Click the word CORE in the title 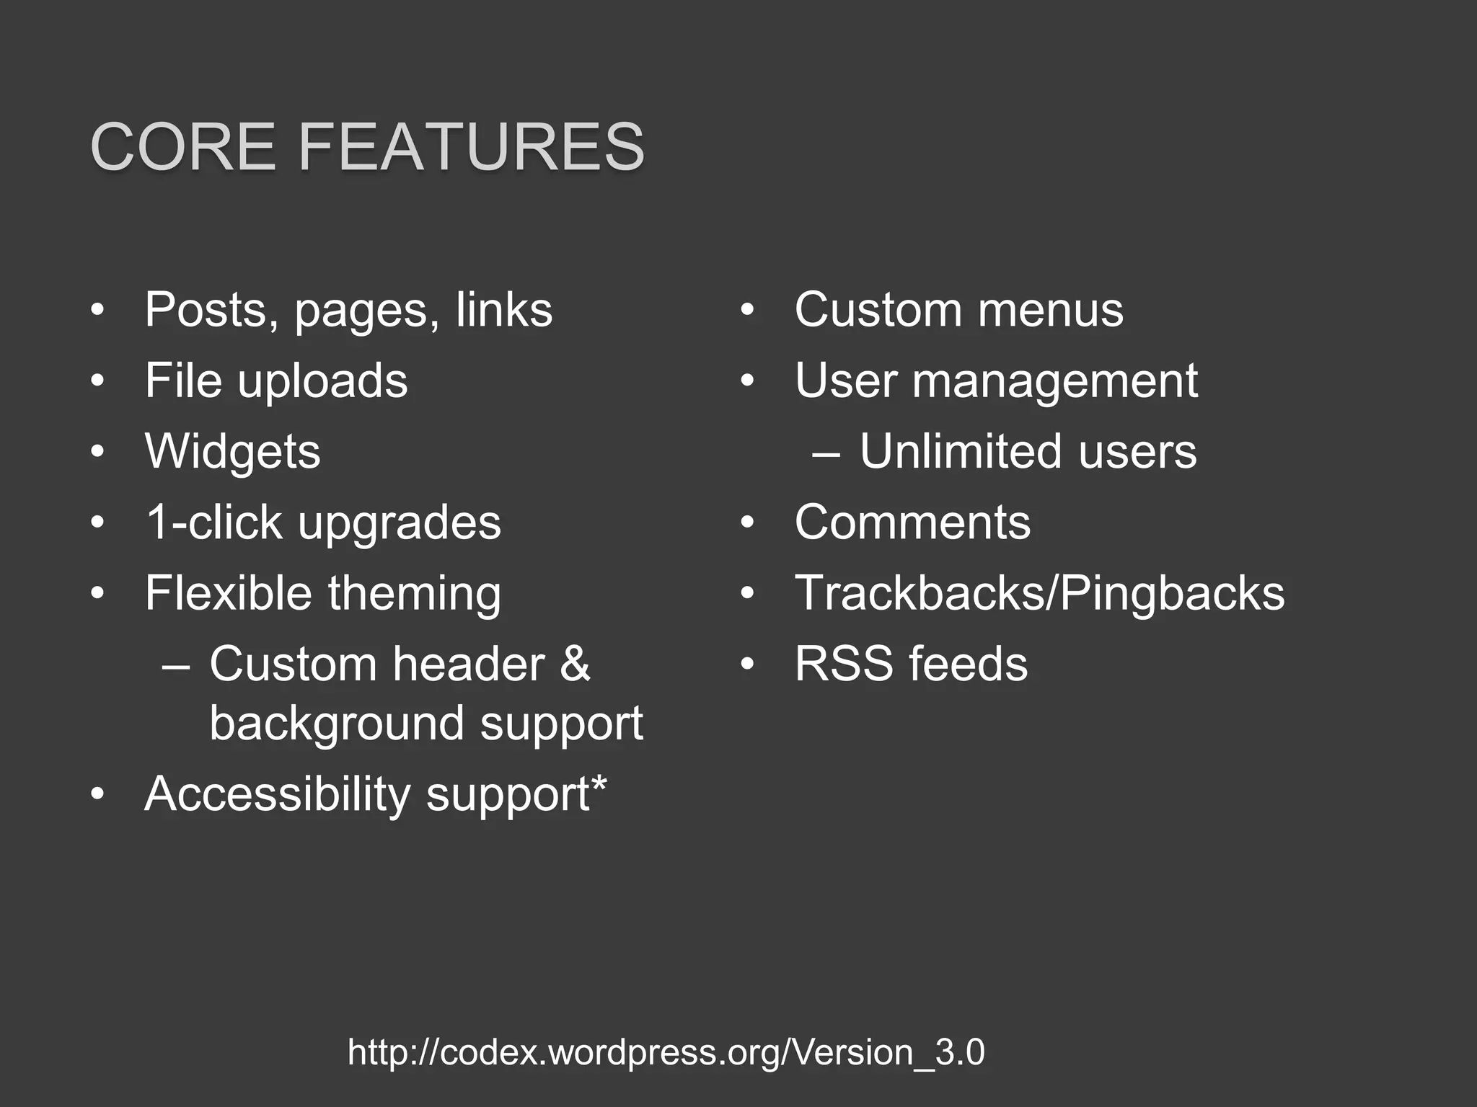point(183,147)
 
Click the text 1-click point(214,522)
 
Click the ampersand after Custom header point(575,664)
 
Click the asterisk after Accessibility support point(599,783)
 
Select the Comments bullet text point(912,522)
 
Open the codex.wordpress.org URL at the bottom point(666,1052)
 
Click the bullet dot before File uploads point(98,381)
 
